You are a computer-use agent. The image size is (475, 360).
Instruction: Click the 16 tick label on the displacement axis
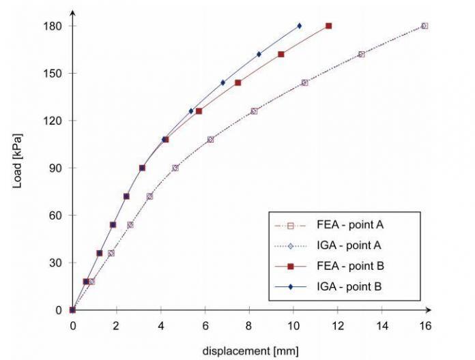(x=425, y=326)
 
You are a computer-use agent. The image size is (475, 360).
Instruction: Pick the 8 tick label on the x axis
(x=249, y=326)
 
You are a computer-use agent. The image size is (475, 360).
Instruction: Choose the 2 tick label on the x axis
(x=117, y=326)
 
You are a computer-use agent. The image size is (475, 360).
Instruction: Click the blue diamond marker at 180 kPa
(x=300, y=26)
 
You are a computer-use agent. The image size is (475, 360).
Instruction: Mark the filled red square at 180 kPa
(x=328, y=26)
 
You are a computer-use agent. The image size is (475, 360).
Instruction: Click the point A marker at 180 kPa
(x=424, y=26)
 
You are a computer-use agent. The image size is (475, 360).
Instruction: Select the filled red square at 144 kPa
(x=238, y=82)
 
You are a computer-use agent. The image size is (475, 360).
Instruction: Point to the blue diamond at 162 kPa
(x=259, y=54)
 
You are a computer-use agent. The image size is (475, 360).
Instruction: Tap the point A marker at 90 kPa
(x=175, y=168)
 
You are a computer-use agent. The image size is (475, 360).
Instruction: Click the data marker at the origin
(x=73, y=310)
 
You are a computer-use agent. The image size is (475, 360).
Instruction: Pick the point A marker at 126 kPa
(x=254, y=111)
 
